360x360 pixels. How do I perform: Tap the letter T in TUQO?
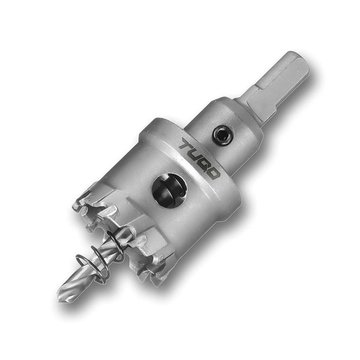coord(186,145)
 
